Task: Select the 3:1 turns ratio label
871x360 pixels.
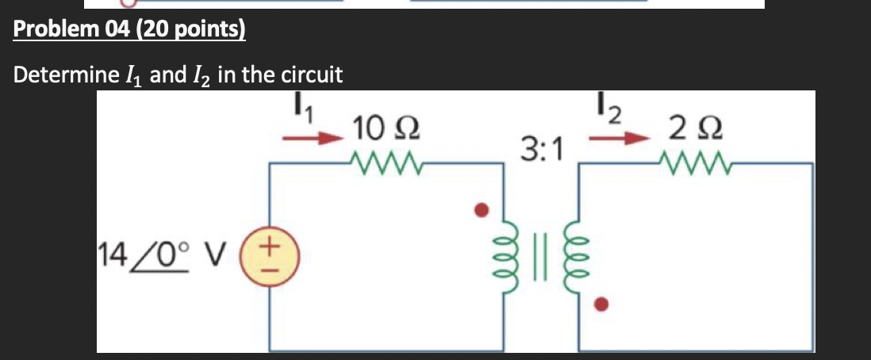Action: pos(543,147)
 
